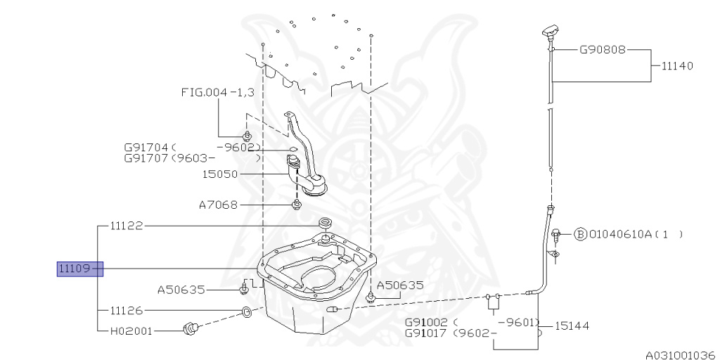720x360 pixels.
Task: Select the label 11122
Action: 127,226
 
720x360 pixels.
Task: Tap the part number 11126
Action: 127,309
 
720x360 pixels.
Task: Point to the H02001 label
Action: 131,330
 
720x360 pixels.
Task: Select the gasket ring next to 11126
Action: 245,311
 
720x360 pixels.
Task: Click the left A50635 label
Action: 180,289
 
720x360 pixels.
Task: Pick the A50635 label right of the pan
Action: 401,285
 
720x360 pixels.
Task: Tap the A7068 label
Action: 218,205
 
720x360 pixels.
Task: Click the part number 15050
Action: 220,174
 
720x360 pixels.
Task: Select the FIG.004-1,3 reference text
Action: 217,92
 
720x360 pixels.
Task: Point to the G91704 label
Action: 146,148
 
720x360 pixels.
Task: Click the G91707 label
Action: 146,160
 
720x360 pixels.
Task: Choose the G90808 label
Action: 603,51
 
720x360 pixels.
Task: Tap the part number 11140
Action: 677,65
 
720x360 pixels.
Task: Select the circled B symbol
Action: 580,234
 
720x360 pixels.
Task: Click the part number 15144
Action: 572,326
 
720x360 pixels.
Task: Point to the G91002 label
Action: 427,322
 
